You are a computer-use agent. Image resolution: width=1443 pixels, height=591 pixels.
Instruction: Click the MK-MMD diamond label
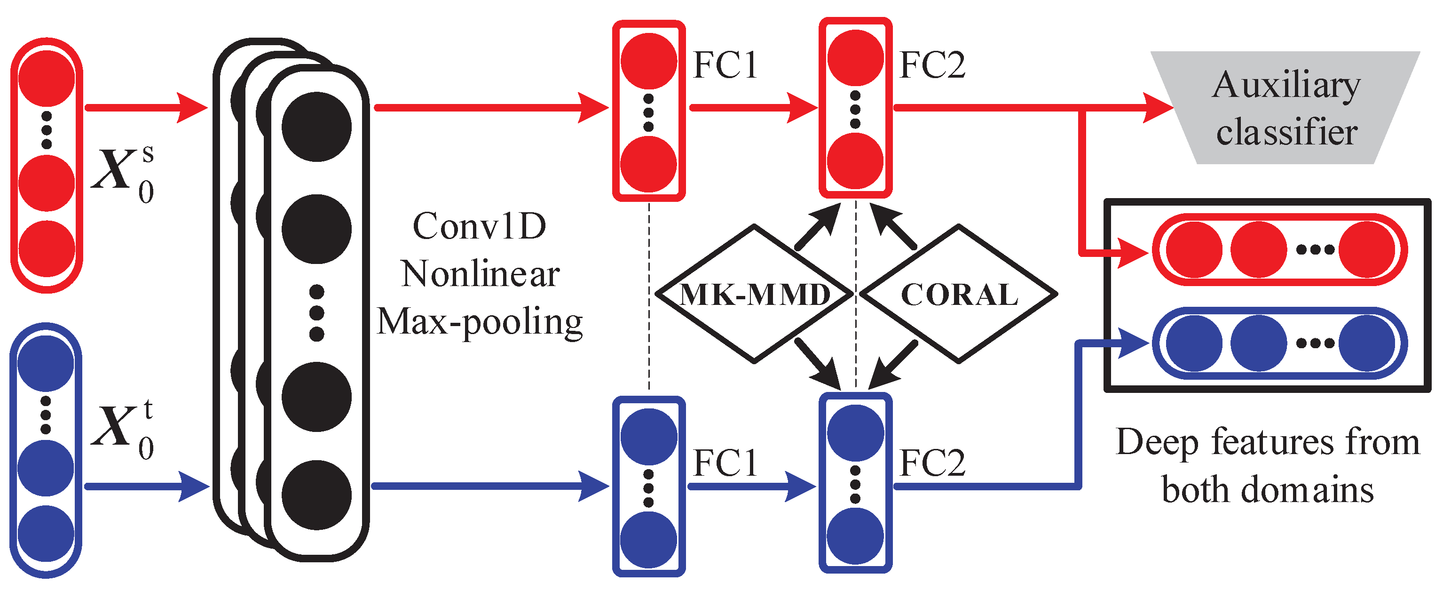(754, 295)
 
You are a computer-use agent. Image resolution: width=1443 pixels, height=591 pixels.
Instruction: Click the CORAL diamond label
(959, 295)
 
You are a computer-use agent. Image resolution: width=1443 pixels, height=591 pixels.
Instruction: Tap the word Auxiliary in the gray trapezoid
(1286, 85)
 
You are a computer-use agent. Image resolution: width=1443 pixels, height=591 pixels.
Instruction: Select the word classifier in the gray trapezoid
(1286, 132)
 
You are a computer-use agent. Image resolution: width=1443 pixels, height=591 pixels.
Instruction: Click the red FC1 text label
(725, 65)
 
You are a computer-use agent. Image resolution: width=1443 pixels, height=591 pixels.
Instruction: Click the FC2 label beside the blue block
(932, 463)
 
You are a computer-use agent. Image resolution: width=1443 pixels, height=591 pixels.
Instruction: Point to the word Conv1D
(480, 226)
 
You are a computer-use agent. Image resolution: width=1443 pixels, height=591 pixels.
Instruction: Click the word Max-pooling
(480, 322)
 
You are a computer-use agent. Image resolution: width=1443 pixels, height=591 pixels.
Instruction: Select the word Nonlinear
(480, 274)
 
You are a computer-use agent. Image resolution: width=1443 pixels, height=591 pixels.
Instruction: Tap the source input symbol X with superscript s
(120, 170)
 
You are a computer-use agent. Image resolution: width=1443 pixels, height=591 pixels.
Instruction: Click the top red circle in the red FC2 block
(855, 58)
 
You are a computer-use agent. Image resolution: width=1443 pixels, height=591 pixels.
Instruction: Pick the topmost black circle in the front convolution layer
(316, 127)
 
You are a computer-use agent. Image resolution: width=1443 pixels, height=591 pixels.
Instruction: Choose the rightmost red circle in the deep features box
(1367, 249)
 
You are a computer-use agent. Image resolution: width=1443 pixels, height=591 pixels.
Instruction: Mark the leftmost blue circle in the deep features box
(1194, 343)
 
